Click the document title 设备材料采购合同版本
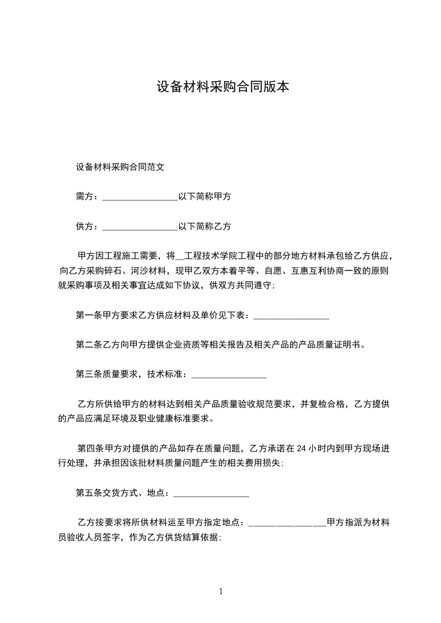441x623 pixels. (x=222, y=87)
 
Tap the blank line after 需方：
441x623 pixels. (x=140, y=197)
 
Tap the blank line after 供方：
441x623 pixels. (x=140, y=227)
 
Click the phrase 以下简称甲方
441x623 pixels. (x=205, y=196)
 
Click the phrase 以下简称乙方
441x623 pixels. (x=205, y=226)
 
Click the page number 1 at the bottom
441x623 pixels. (x=221, y=591)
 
